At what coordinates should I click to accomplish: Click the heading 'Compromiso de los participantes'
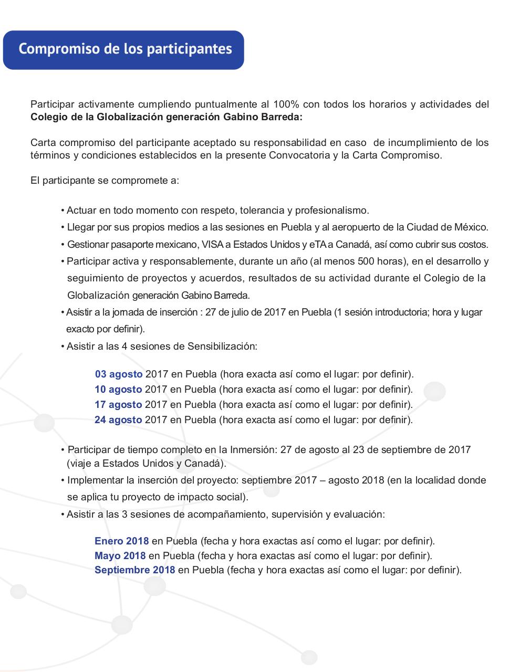(125, 49)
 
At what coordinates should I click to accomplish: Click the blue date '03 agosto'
(119, 374)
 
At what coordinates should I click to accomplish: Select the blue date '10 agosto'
(118, 390)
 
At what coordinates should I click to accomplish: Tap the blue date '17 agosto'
(118, 405)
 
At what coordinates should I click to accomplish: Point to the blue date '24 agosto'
(118, 420)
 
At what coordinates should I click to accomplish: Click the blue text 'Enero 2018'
(121, 541)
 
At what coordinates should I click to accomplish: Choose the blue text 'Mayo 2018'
(120, 555)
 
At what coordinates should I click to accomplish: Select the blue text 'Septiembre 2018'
(135, 570)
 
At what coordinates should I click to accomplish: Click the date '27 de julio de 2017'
(245, 312)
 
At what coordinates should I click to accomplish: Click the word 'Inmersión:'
(253, 450)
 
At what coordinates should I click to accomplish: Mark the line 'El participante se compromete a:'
(105, 181)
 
